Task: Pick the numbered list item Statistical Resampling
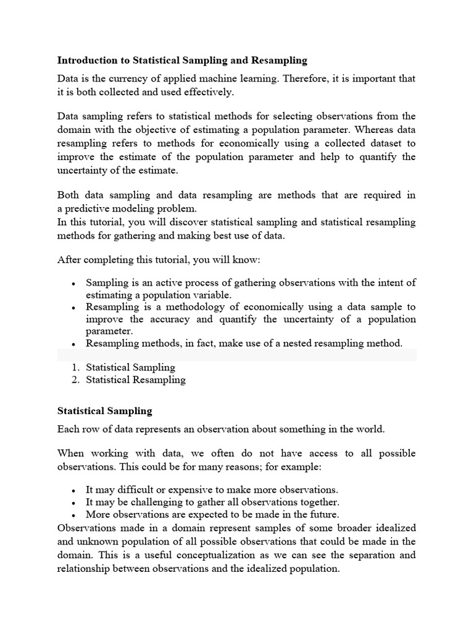pos(135,380)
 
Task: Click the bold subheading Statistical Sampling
pos(104,410)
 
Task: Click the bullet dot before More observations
pos(73,514)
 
